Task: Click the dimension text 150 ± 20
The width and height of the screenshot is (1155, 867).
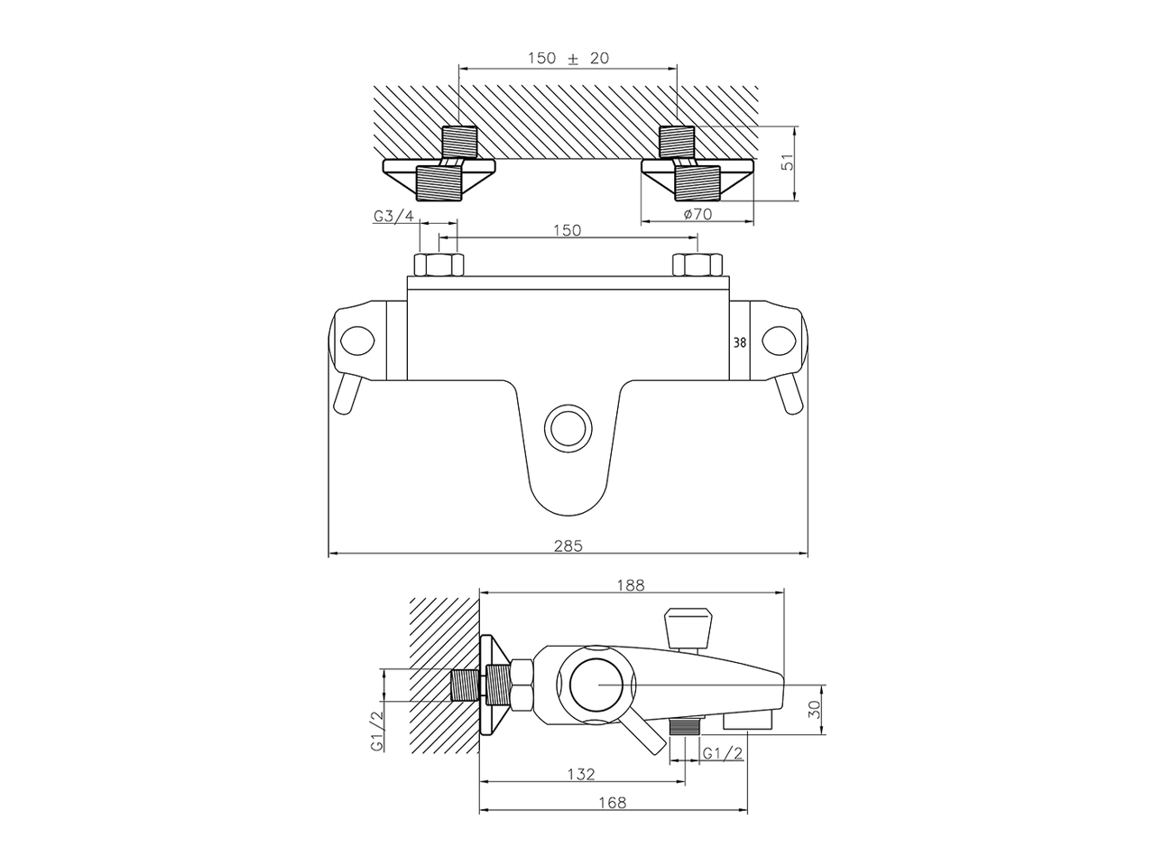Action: click(x=568, y=58)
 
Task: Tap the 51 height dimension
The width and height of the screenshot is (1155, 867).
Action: click(x=786, y=163)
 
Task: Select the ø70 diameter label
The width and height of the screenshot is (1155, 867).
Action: click(x=698, y=214)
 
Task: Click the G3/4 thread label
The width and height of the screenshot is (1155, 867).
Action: click(x=393, y=216)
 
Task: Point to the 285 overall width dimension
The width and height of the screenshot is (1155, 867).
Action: click(x=568, y=545)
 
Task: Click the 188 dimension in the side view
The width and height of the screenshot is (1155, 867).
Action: click(x=631, y=584)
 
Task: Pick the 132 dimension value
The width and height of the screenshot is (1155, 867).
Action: click(x=581, y=774)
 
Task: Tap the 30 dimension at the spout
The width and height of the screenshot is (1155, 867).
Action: click(x=815, y=709)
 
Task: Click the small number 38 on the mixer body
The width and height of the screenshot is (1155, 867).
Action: click(x=740, y=342)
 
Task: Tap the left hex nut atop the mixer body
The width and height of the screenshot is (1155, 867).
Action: click(x=439, y=266)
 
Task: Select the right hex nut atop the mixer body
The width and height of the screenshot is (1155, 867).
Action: click(x=698, y=266)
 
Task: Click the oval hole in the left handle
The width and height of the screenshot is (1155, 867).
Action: click(x=357, y=340)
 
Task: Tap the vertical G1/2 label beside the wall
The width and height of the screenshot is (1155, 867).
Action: click(x=376, y=732)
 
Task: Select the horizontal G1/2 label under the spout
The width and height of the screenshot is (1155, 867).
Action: click(x=722, y=753)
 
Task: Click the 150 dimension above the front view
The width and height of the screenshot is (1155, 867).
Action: click(x=566, y=230)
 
